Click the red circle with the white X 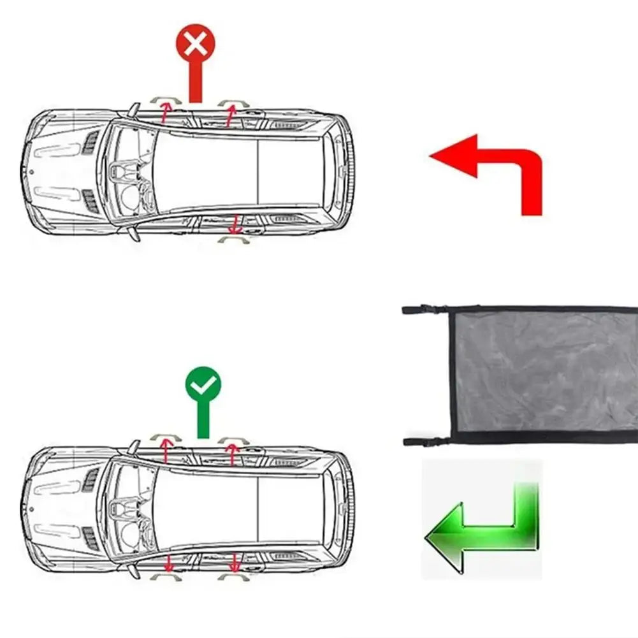click(196, 43)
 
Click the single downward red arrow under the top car click(235, 224)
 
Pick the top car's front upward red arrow click(165, 112)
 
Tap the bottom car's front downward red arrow click(169, 563)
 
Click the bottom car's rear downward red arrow click(235, 562)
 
